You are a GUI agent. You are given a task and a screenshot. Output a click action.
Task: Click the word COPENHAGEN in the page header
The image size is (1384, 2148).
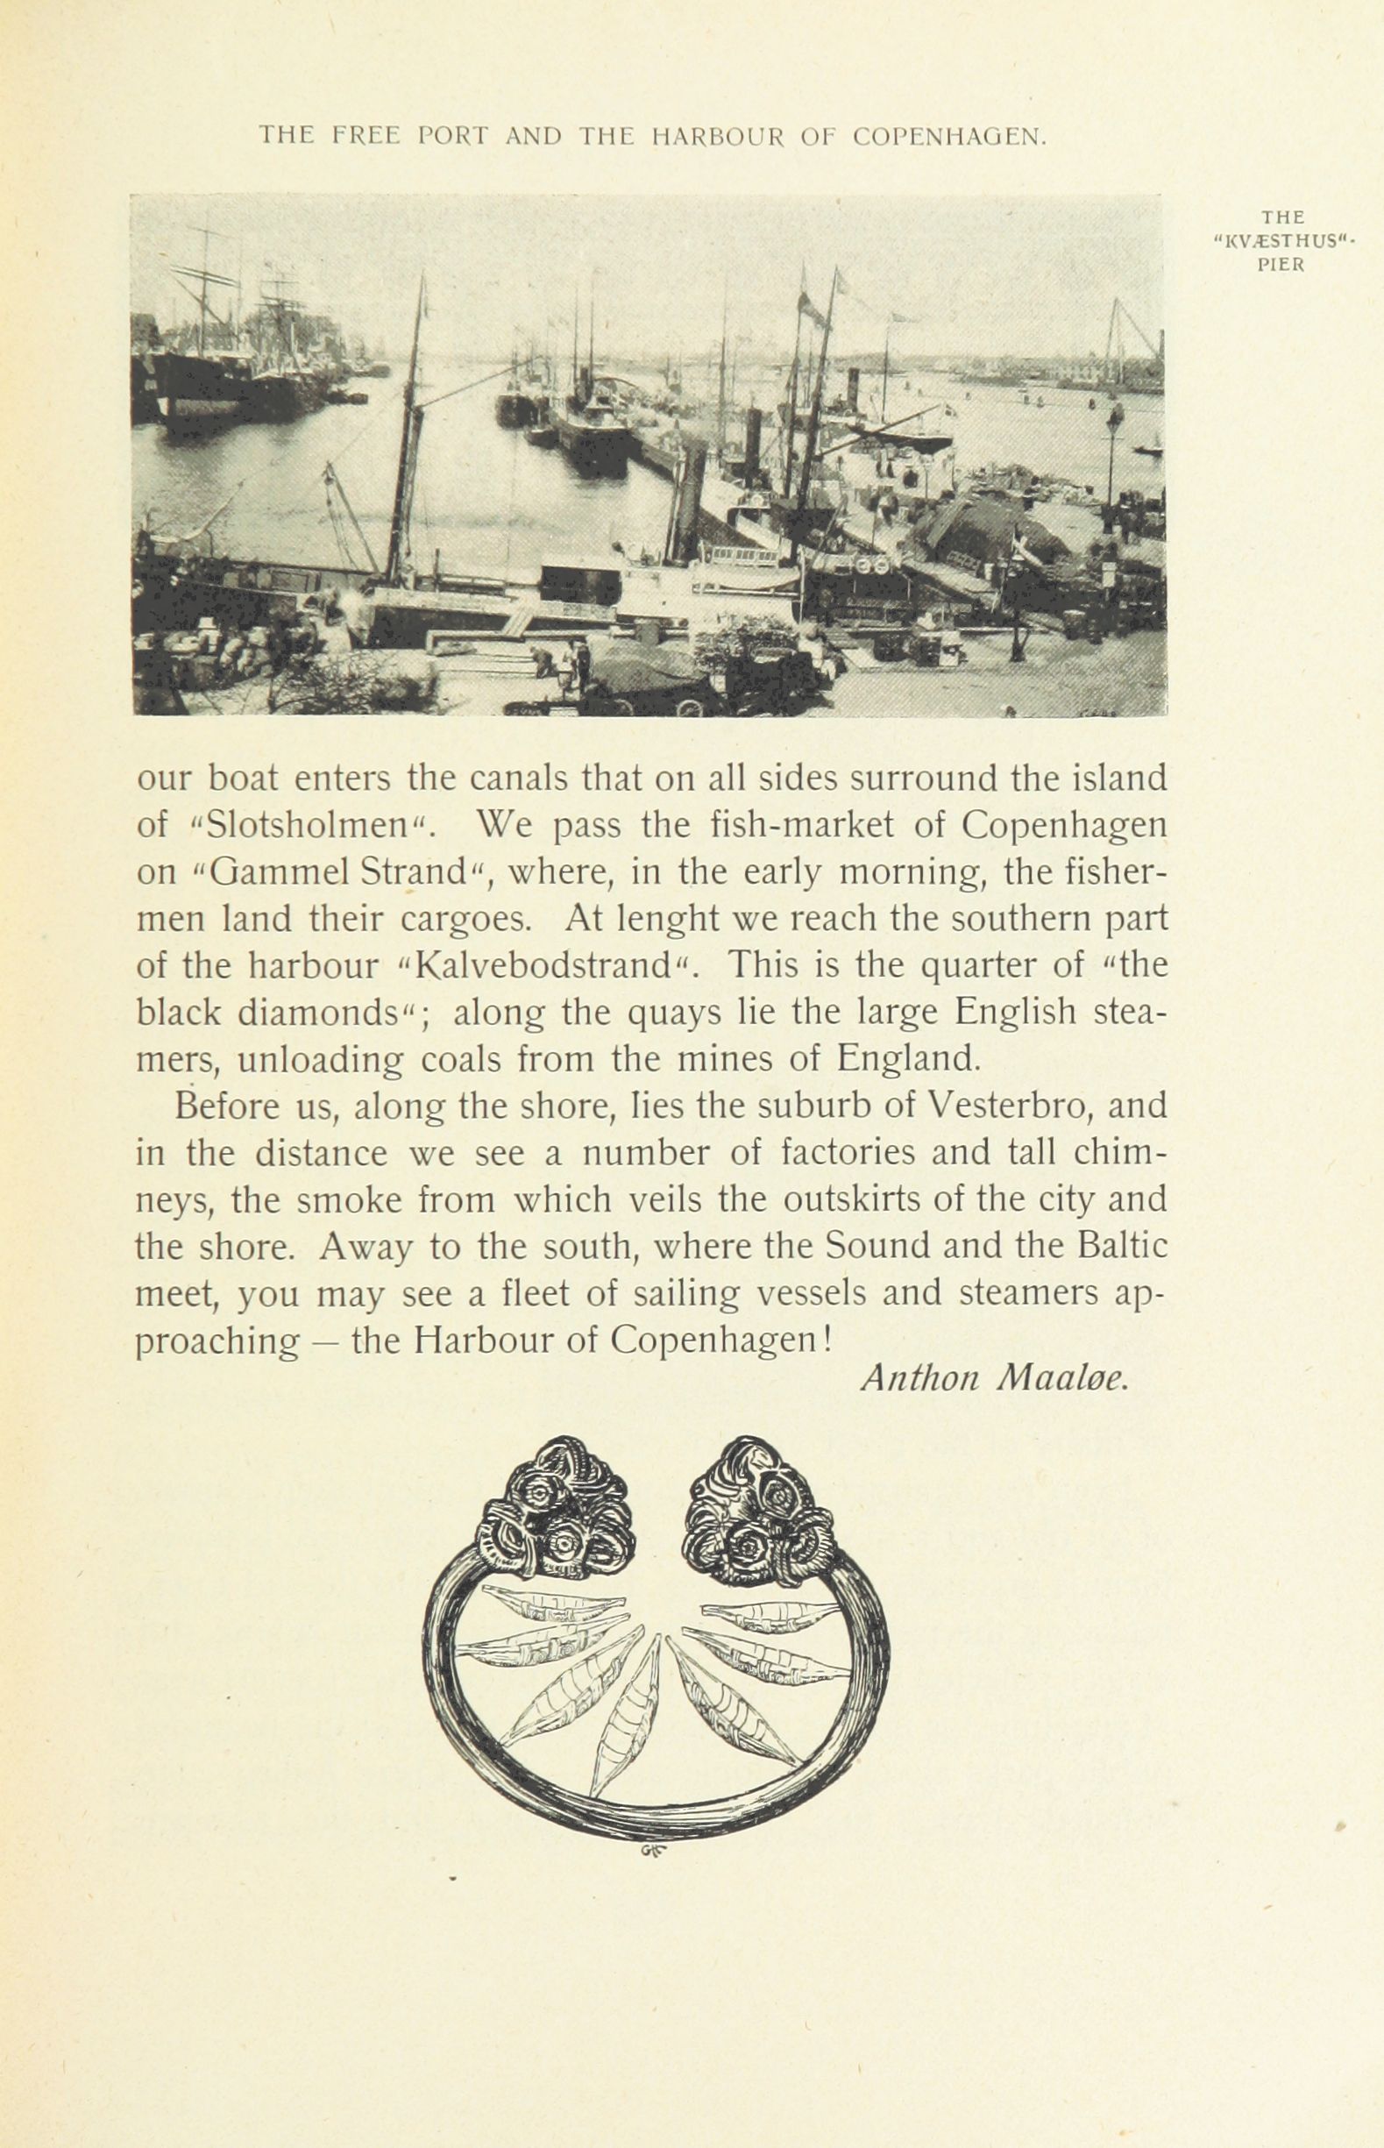pyautogui.click(x=948, y=137)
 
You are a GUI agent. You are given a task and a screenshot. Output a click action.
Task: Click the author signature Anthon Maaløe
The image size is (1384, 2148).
pyautogui.click(x=993, y=1404)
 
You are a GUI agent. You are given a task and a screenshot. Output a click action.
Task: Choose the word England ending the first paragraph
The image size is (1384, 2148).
pyautogui.click(x=906, y=1058)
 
